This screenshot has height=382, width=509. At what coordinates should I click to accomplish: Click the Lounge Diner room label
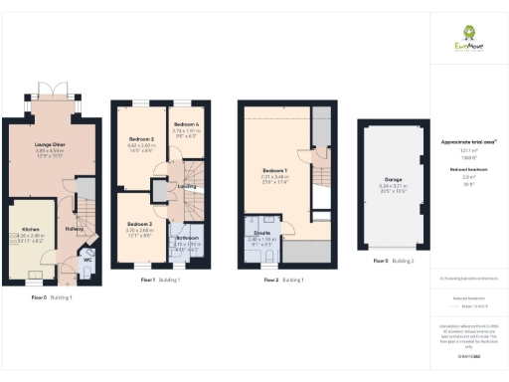[50, 143]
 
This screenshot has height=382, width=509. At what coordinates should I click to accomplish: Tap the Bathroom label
[187, 239]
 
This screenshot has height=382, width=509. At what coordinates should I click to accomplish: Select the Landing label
[186, 185]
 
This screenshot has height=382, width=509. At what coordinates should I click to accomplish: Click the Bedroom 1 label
[273, 170]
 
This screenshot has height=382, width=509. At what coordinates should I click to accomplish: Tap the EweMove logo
[463, 41]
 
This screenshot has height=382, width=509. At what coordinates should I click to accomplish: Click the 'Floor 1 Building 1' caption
[161, 281]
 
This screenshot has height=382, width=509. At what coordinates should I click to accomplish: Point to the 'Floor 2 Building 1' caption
[284, 281]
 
